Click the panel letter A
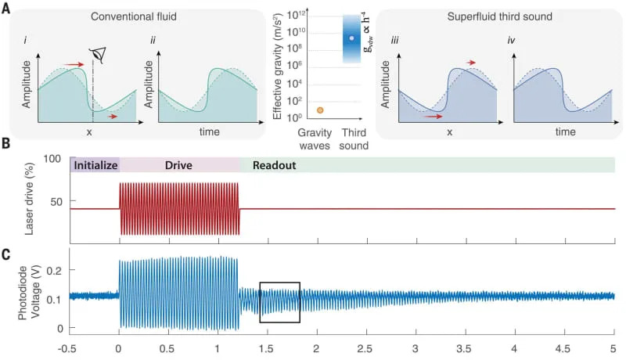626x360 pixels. coord(6,8)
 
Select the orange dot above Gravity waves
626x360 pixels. coord(298,110)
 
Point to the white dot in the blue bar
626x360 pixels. coord(351,38)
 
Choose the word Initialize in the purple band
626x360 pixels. coord(95,165)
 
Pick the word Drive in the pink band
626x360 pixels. coord(178,165)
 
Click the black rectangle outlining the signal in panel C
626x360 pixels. coord(279,302)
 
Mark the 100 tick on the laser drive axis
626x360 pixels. coord(53,160)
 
